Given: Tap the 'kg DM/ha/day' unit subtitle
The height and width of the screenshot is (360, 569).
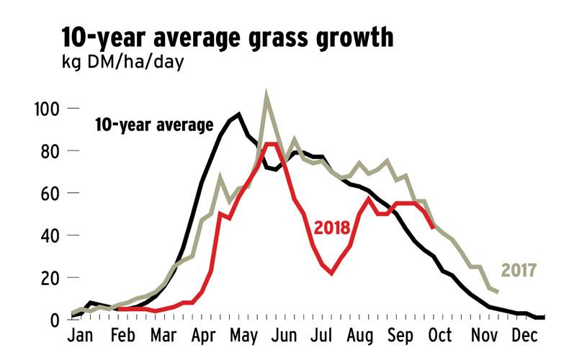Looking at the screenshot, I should (122, 63).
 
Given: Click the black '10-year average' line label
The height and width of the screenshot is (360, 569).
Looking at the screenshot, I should (154, 125).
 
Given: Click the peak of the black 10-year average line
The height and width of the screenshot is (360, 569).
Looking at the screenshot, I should (238, 114).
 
